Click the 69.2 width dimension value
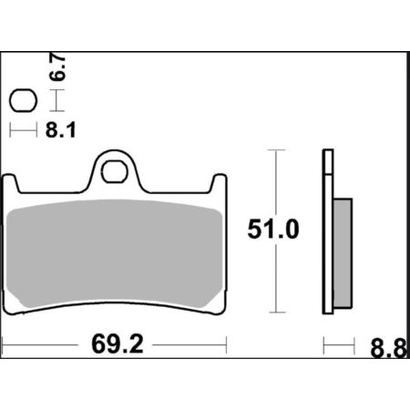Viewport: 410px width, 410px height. coord(118,344)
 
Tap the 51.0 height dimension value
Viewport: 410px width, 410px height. coord(273,230)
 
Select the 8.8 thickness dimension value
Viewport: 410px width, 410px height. coord(388,348)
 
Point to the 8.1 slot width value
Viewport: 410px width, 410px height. coord(60,130)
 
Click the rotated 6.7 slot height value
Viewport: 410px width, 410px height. coord(57,67)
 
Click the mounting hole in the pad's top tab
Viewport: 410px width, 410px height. coord(114,171)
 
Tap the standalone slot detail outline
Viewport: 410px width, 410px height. coord(23,100)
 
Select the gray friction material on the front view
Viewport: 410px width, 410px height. coord(115,253)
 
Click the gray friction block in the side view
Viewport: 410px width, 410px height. coord(343,253)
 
